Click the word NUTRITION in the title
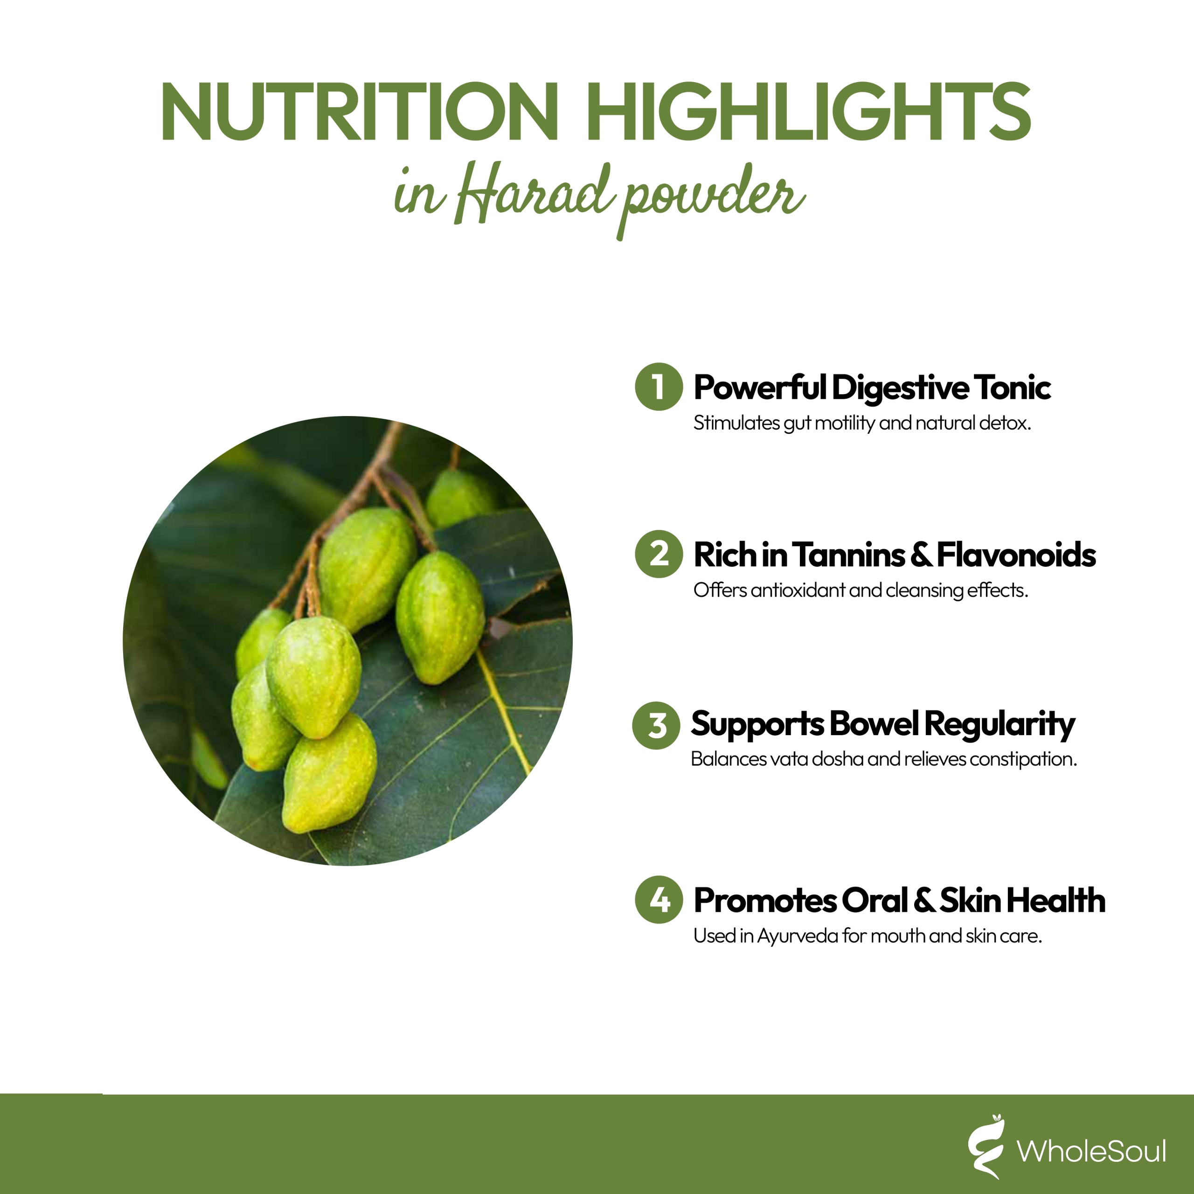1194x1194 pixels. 360,111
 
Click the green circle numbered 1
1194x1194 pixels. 659,387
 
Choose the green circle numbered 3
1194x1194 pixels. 656,726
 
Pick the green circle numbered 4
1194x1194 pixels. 659,900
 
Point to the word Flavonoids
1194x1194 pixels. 1017,555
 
